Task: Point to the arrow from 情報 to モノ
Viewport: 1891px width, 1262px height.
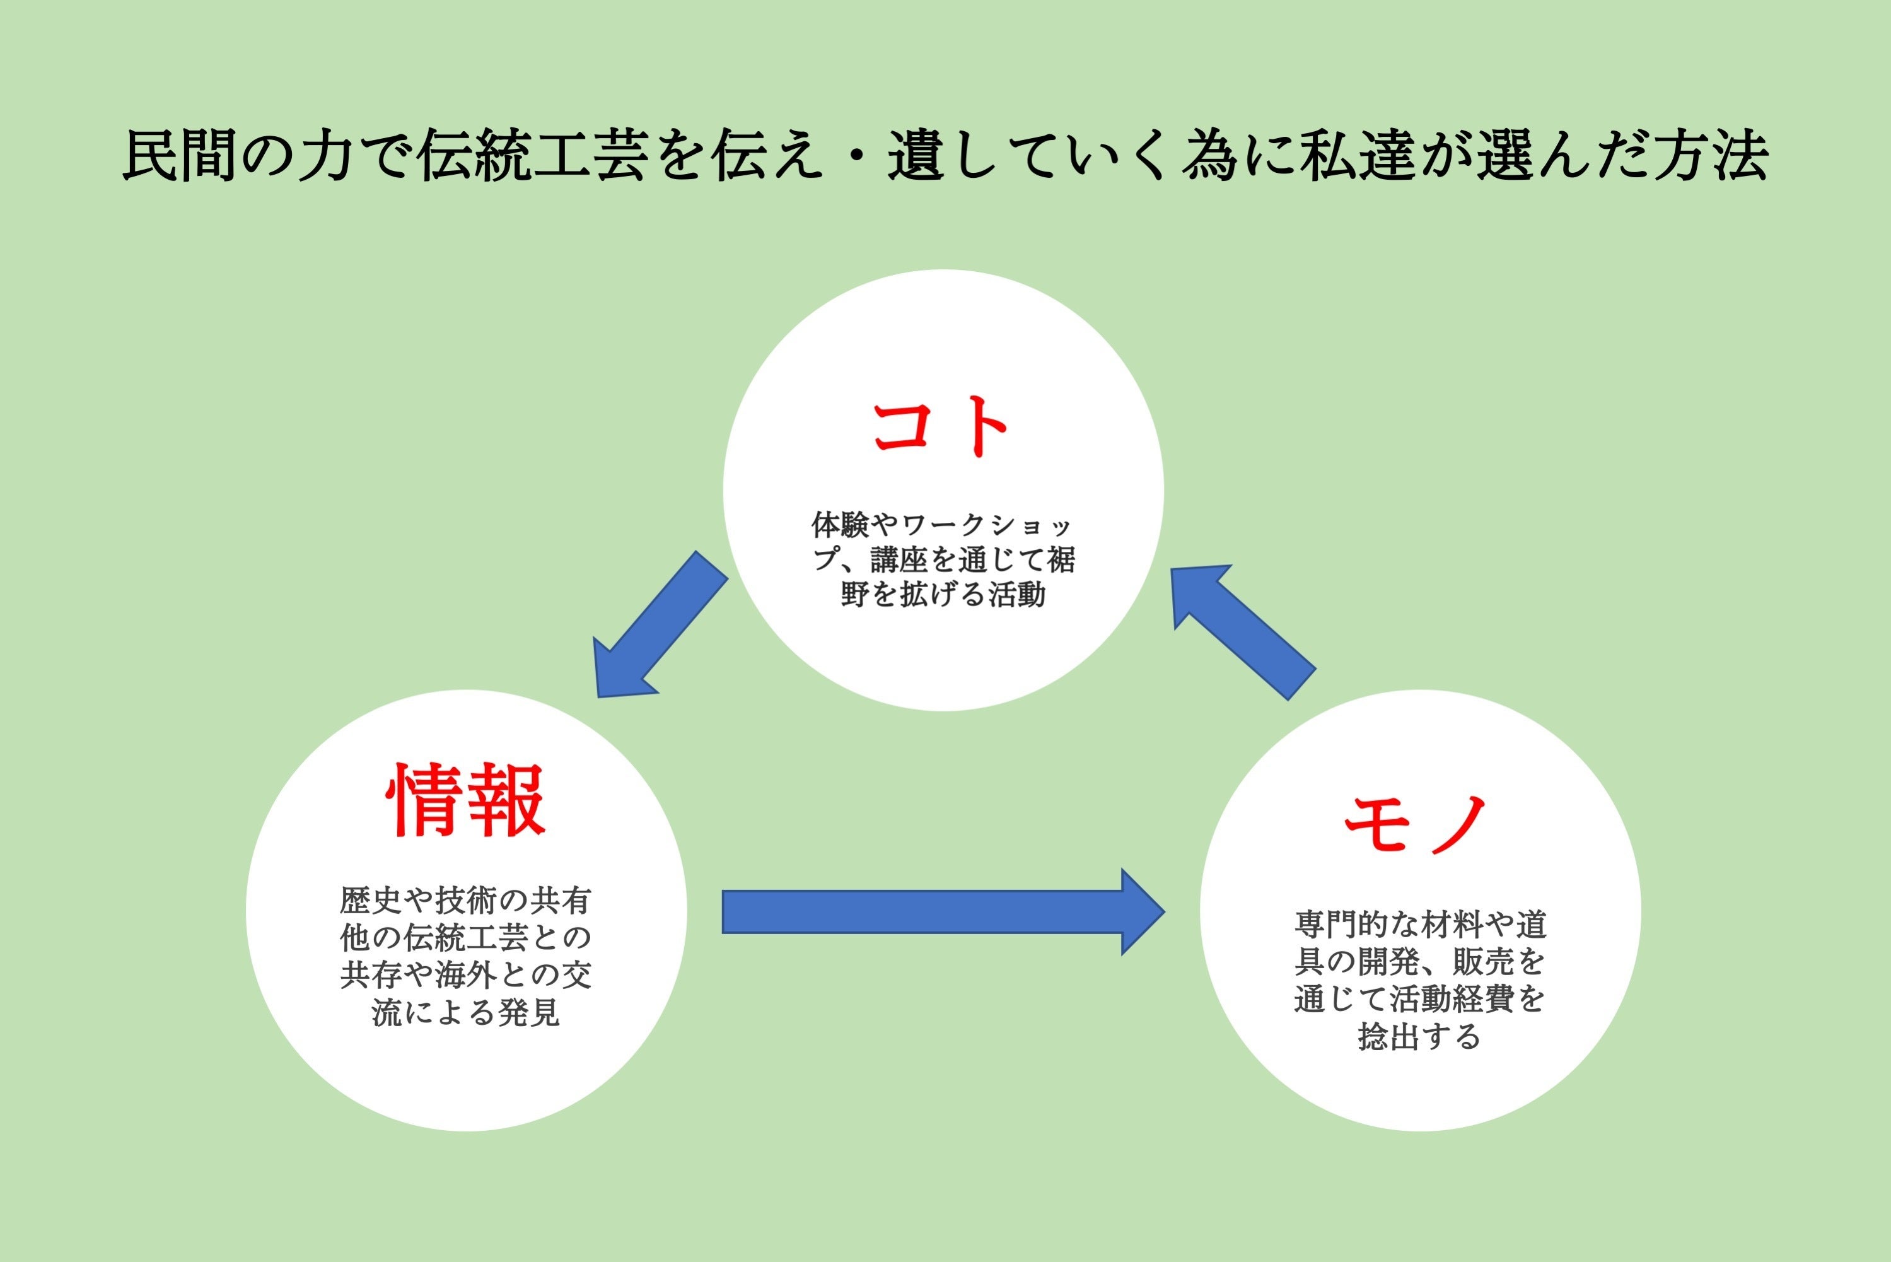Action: click(x=941, y=912)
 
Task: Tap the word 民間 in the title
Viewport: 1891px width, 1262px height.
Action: click(x=181, y=155)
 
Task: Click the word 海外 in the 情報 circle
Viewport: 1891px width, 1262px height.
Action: click(x=466, y=974)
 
